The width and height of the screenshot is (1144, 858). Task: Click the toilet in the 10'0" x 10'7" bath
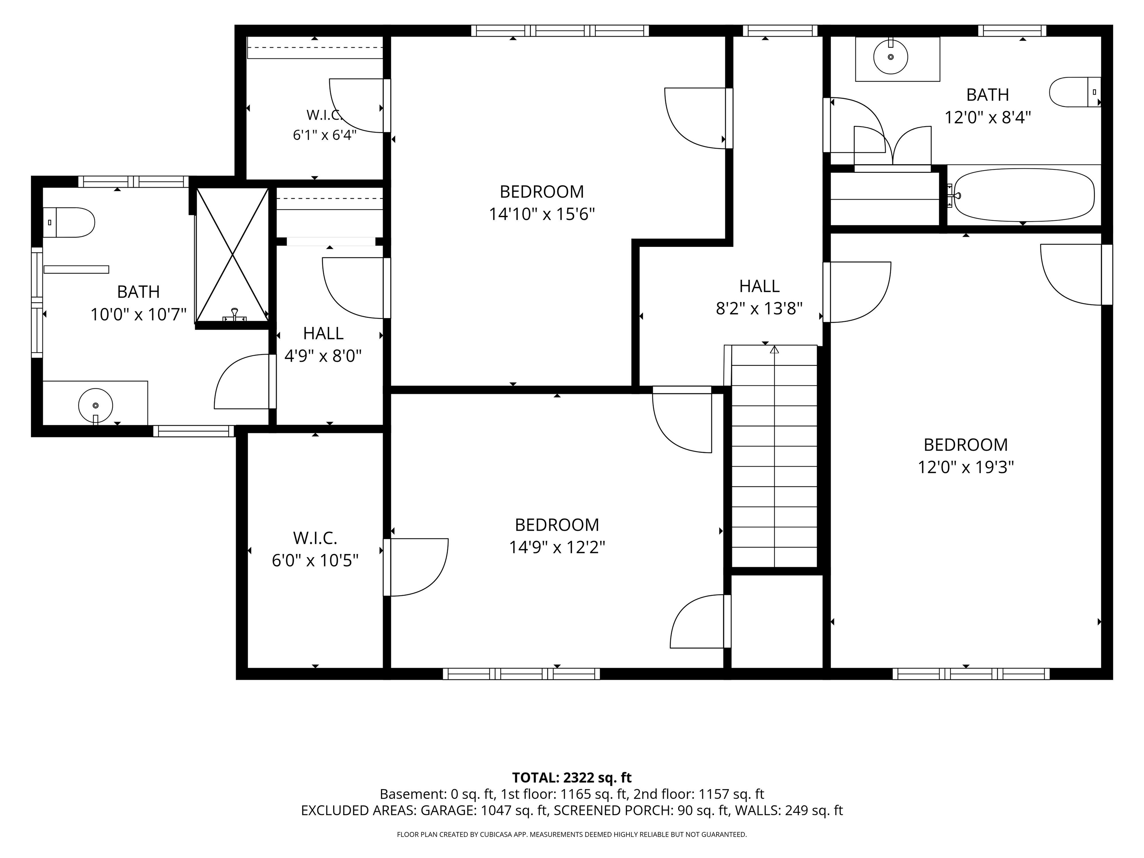(69, 222)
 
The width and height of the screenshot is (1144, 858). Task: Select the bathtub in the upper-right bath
(1024, 197)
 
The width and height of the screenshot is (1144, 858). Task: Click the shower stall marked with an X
(232, 254)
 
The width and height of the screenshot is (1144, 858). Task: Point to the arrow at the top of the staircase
(774, 350)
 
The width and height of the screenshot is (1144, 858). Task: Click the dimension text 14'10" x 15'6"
(542, 214)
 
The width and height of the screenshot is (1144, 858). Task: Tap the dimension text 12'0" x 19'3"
(966, 467)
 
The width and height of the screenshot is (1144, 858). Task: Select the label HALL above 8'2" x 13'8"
(759, 286)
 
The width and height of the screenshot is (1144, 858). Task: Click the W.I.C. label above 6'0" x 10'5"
(315, 538)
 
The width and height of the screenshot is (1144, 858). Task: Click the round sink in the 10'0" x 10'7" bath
(95, 406)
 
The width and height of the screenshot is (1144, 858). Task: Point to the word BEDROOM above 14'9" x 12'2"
(557, 525)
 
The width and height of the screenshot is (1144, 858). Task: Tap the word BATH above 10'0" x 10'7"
(138, 292)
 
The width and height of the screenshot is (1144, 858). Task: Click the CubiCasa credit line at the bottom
(572, 834)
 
